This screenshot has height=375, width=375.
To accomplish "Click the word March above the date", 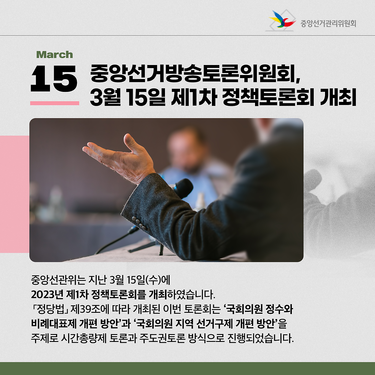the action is pyautogui.click(x=54, y=55).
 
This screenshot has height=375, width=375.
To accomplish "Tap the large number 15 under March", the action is pyautogui.click(x=54, y=78).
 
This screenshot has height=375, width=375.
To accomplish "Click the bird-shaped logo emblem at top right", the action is pyautogui.click(x=281, y=20).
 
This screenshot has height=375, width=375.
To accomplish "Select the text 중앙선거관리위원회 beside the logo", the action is pyautogui.click(x=328, y=24).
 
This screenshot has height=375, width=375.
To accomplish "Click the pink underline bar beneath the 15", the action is pyautogui.click(x=55, y=103).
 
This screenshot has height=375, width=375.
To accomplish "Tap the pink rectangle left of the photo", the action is pyautogui.click(x=15, y=194).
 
